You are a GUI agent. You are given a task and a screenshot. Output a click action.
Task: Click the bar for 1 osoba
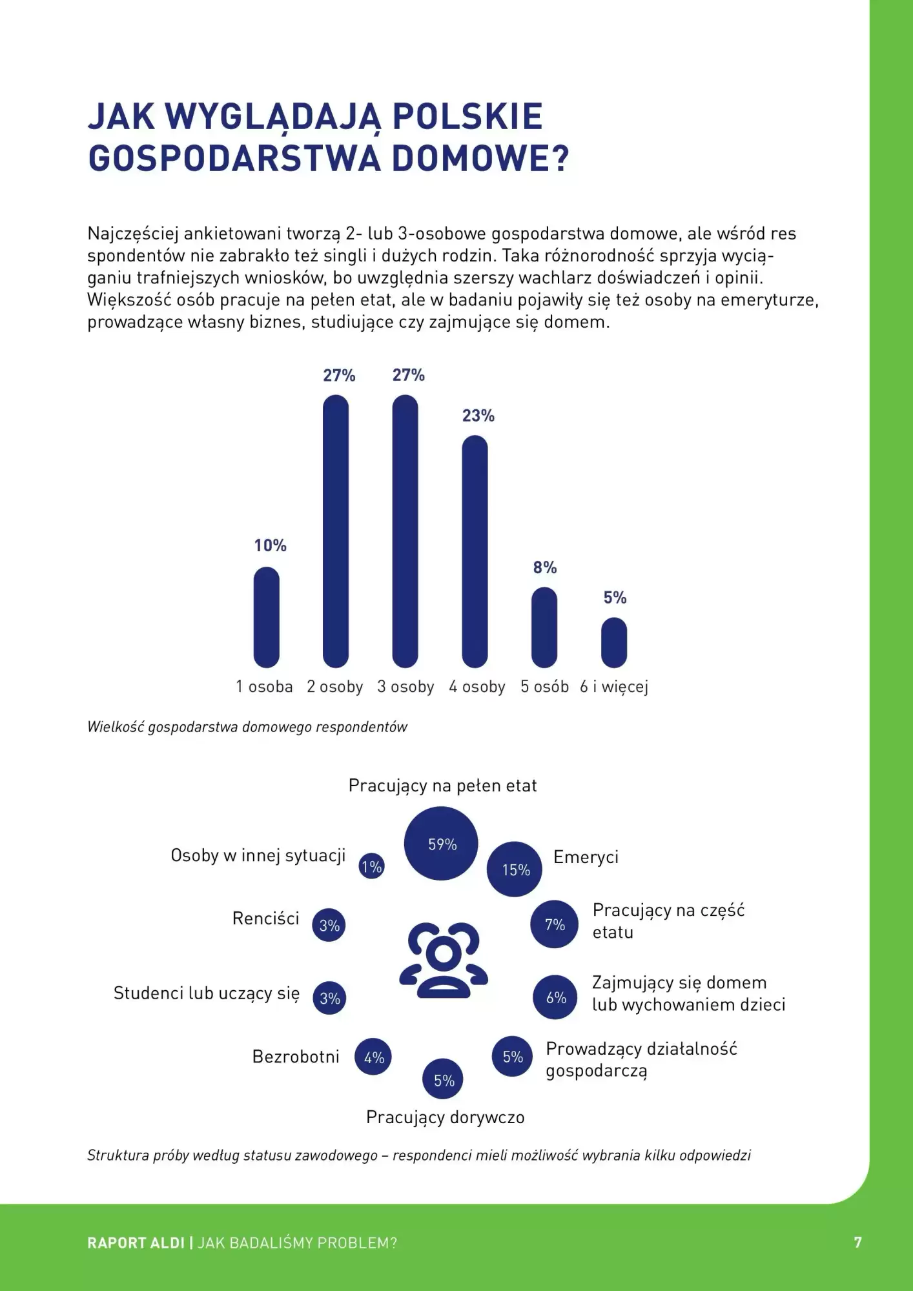266,617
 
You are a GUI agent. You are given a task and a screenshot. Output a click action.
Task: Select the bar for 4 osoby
475,551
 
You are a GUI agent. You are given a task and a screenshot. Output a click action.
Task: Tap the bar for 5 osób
544,627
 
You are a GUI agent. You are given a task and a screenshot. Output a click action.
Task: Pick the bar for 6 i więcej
614,642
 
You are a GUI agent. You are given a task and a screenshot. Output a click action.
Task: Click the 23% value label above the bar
478,416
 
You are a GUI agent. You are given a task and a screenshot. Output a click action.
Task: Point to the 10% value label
270,545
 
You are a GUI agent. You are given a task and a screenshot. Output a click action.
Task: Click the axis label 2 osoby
334,687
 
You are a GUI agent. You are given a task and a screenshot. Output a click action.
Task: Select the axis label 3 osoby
405,687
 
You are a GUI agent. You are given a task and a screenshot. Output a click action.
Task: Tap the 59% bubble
442,844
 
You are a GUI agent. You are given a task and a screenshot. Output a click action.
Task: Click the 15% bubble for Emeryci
515,869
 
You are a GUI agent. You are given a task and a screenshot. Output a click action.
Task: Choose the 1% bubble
371,866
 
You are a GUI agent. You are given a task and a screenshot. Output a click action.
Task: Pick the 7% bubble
554,924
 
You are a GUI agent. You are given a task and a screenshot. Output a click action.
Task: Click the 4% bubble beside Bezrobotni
374,1057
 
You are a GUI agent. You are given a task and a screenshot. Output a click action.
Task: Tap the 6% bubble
555,997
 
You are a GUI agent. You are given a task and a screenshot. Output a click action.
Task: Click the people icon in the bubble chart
444,960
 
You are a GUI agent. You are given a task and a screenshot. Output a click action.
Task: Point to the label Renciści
265,919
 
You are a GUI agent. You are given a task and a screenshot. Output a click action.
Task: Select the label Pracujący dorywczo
445,1117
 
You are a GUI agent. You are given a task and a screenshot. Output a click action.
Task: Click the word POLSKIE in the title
467,117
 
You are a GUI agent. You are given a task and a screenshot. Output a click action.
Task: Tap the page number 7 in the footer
857,1243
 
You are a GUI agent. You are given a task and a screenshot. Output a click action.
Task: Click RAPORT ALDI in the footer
136,1243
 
